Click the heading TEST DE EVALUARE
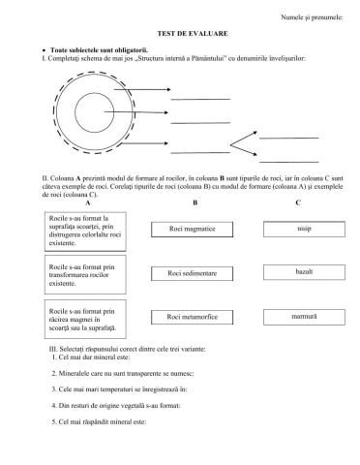179,31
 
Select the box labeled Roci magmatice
190,230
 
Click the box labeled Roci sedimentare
190,273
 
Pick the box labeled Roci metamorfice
190,316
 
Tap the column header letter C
297,202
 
